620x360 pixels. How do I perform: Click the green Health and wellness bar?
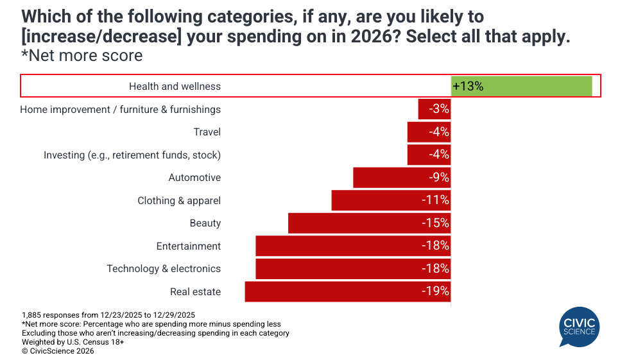click(x=521, y=86)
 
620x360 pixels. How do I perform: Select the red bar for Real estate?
click(x=334, y=291)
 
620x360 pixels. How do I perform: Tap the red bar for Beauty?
click(x=353, y=223)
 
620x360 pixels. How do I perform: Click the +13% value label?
click(x=468, y=86)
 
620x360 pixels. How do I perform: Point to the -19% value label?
click(x=435, y=291)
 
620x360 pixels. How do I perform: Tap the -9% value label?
click(x=439, y=178)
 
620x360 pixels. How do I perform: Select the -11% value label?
click(x=435, y=200)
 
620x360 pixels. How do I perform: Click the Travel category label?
click(x=207, y=132)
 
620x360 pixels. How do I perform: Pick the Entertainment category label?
click(x=188, y=246)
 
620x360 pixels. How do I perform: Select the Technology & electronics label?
click(x=164, y=269)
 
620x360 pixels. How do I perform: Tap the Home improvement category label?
click(x=120, y=110)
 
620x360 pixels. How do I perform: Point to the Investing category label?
click(x=132, y=155)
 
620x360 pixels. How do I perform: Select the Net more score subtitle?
click(x=82, y=56)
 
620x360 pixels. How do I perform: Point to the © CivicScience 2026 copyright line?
click(x=58, y=351)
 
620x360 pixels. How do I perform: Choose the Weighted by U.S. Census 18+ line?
click(x=73, y=342)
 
